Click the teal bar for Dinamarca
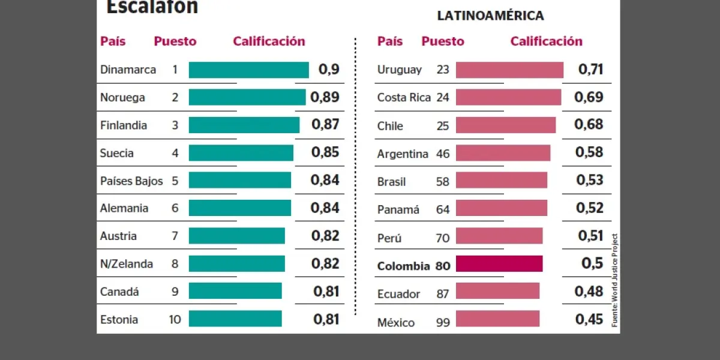coord(248,70)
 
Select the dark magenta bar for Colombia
coord(499,265)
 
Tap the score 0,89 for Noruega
coord(325,97)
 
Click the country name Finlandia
coord(123,125)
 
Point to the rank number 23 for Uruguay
coord(443,70)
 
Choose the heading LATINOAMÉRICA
coord(490,16)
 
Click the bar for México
coord(497,319)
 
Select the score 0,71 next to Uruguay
coord(590,69)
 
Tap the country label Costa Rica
coord(404,97)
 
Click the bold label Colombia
coord(403,266)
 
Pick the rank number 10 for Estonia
coord(175,319)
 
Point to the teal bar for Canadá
coord(235,291)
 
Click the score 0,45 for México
coord(589,319)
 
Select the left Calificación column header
coord(269,41)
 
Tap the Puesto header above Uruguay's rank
coord(443,41)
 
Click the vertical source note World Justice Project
coord(614,279)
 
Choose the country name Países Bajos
coord(131,181)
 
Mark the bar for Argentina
coord(503,153)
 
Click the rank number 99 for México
coord(443,323)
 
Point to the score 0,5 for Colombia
coord(592,263)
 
